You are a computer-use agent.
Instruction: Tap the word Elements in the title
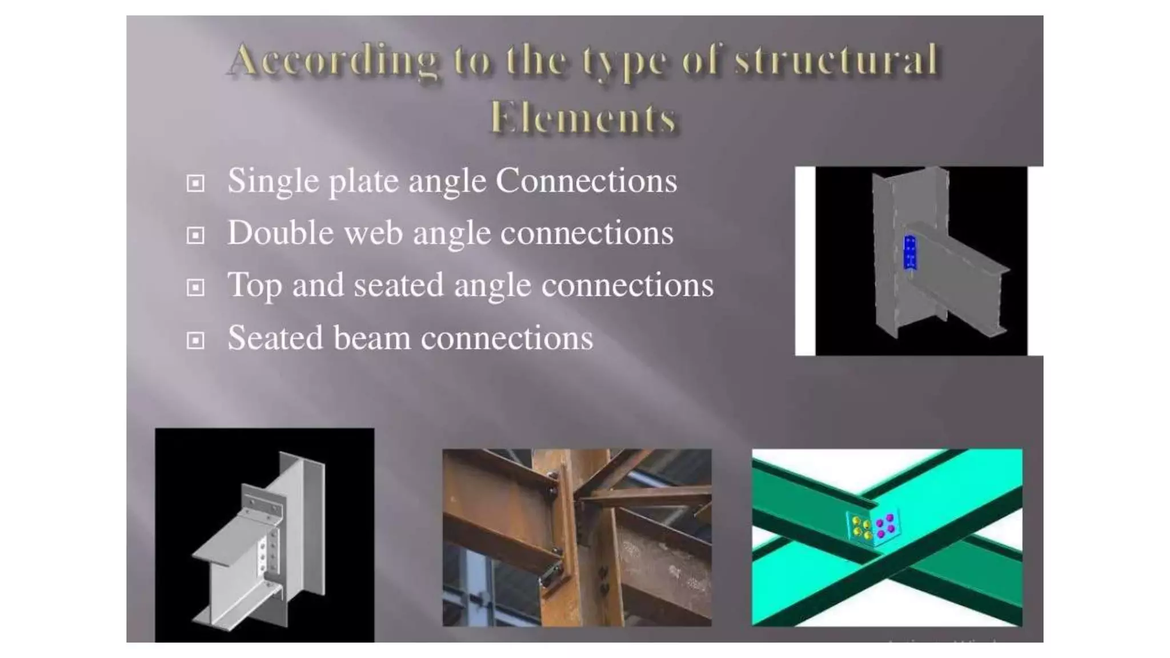[x=583, y=118]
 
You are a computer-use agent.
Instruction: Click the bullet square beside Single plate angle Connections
[x=195, y=183]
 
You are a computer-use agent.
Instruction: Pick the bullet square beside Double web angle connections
[x=195, y=235]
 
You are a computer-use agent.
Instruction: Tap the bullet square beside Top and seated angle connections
[x=195, y=287]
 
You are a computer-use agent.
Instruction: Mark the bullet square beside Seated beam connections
[x=195, y=340]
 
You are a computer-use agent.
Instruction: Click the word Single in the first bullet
[x=273, y=182]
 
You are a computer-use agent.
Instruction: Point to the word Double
[x=281, y=233]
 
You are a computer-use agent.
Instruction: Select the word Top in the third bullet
[x=255, y=286]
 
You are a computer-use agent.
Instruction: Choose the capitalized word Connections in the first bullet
[x=586, y=181]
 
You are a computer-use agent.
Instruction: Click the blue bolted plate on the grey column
[x=910, y=252]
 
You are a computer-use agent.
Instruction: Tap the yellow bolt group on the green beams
[x=861, y=527]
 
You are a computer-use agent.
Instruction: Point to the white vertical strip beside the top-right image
[x=805, y=261]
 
